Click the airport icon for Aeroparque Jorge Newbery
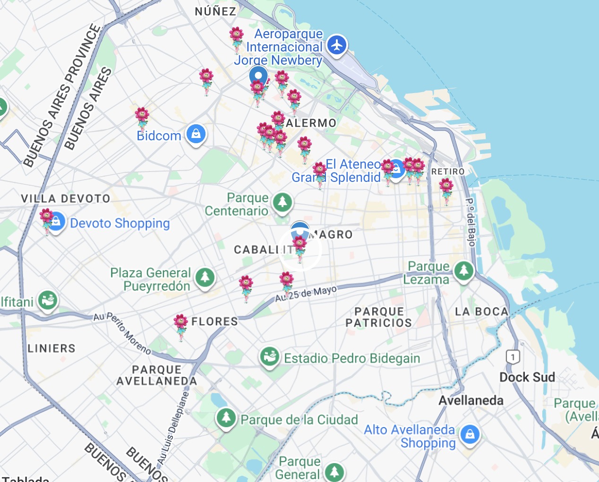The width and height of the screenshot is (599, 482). click(336, 45)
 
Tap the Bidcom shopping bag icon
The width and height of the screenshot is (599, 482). click(196, 134)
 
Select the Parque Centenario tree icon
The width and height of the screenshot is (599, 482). click(282, 203)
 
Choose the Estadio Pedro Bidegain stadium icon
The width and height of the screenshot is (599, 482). click(270, 357)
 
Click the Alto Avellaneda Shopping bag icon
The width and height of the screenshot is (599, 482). click(470, 434)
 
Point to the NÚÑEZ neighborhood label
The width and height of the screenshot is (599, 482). click(215, 11)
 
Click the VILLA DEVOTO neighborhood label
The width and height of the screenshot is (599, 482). click(66, 198)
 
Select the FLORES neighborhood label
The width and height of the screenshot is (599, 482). click(214, 322)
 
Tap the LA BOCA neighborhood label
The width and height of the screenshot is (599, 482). click(481, 311)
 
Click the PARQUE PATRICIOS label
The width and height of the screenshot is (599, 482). click(379, 317)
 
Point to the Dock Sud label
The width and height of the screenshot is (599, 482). click(527, 377)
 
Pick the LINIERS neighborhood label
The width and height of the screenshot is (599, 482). click(51, 348)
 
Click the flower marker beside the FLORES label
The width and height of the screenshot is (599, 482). click(180, 326)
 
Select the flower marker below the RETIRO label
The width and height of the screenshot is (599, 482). click(446, 189)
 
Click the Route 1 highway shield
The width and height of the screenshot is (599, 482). click(513, 356)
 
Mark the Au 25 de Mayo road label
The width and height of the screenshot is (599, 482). click(306, 293)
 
